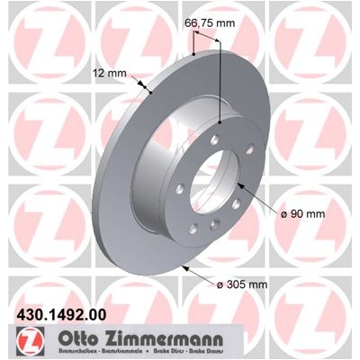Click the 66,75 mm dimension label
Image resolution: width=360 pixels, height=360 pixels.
(210, 23)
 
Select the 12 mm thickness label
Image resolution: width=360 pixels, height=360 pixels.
(110, 73)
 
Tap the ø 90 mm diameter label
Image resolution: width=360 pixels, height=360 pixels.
(302, 214)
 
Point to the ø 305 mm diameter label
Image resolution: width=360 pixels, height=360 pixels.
(242, 284)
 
